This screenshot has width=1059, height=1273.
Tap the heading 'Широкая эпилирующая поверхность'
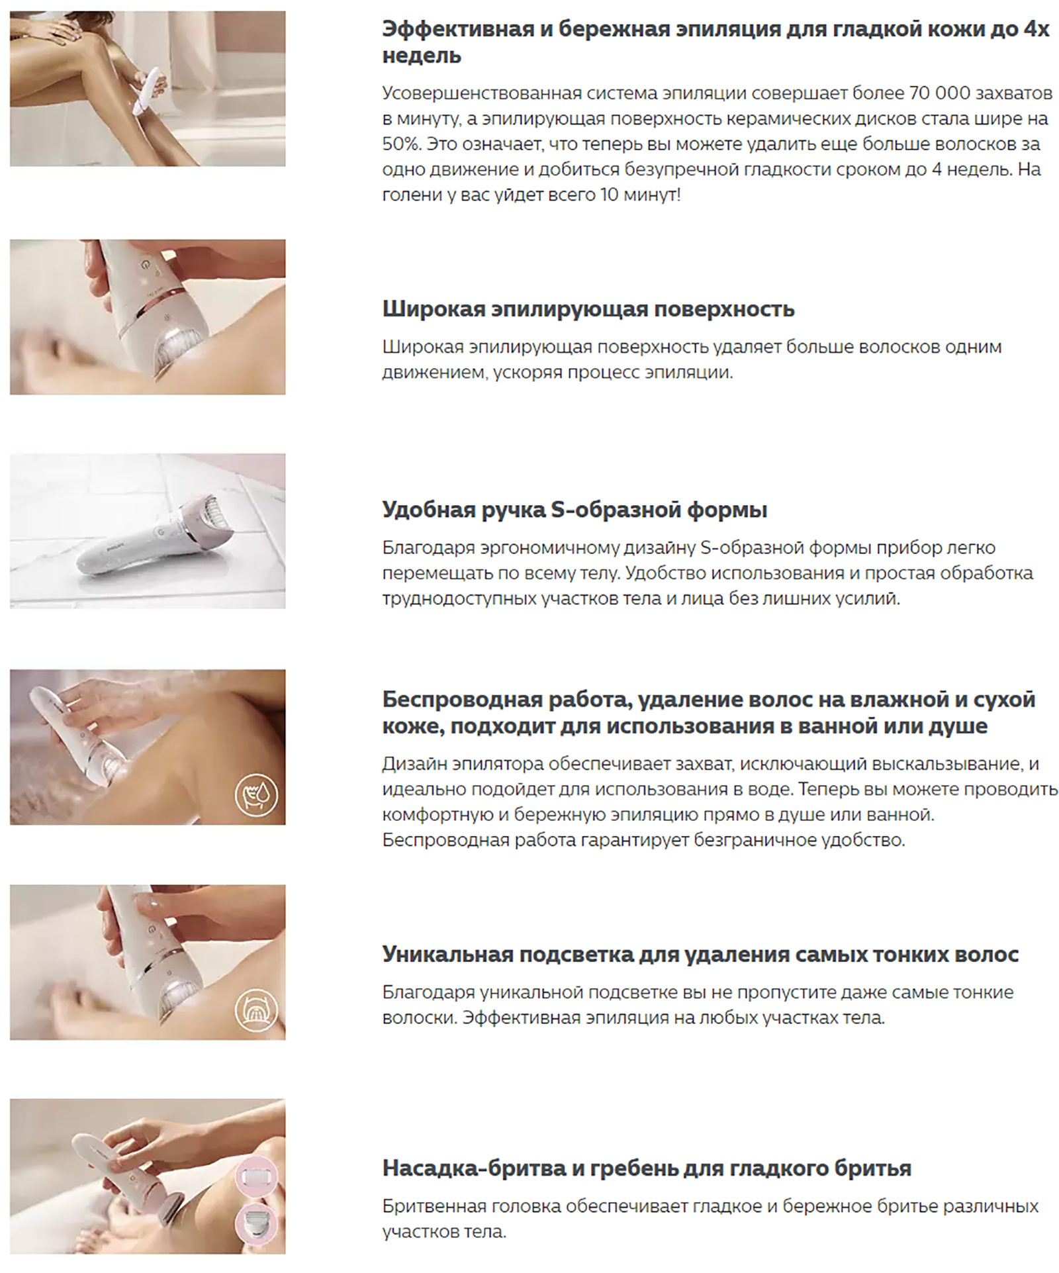tap(588, 309)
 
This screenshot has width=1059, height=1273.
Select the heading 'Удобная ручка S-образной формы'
tap(575, 510)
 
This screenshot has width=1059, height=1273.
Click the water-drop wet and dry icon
tap(256, 795)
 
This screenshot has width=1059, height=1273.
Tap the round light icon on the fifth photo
tap(256, 1010)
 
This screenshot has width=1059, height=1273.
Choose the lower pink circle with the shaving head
tap(257, 1223)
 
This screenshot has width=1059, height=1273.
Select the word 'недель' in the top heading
tap(422, 56)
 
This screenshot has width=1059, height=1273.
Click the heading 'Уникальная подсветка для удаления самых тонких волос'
tap(700, 955)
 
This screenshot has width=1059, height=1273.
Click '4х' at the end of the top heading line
tap(1036, 29)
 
